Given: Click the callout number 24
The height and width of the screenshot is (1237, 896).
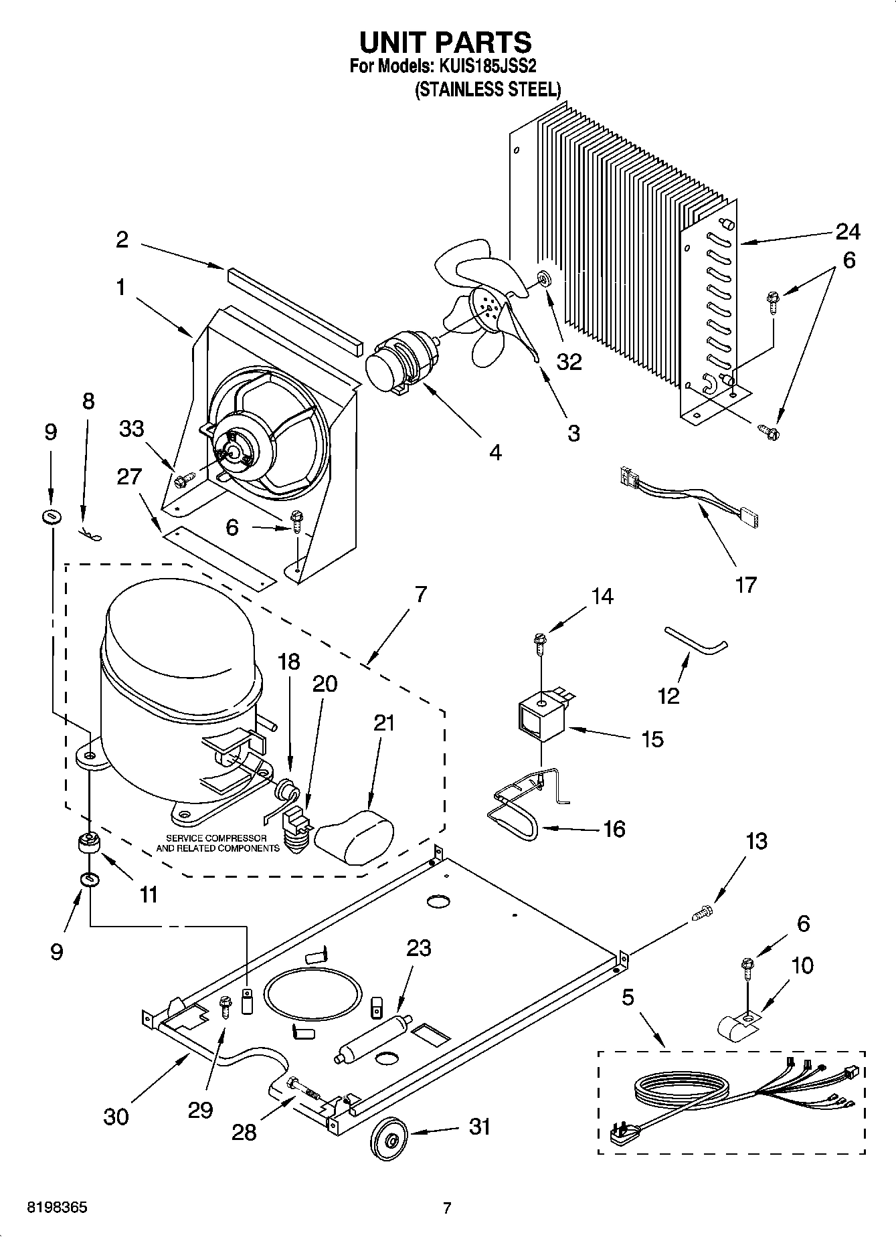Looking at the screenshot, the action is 847,232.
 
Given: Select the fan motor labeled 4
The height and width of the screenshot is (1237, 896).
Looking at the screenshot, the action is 398,366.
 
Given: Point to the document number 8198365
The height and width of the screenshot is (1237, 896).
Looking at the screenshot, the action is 56,1208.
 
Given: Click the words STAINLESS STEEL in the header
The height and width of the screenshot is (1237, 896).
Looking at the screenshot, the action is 488,90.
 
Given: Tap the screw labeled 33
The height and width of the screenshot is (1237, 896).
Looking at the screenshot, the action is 183,479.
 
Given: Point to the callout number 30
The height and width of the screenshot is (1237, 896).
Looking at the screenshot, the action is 116,1117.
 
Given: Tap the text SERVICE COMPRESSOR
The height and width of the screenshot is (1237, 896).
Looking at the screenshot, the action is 216,838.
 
